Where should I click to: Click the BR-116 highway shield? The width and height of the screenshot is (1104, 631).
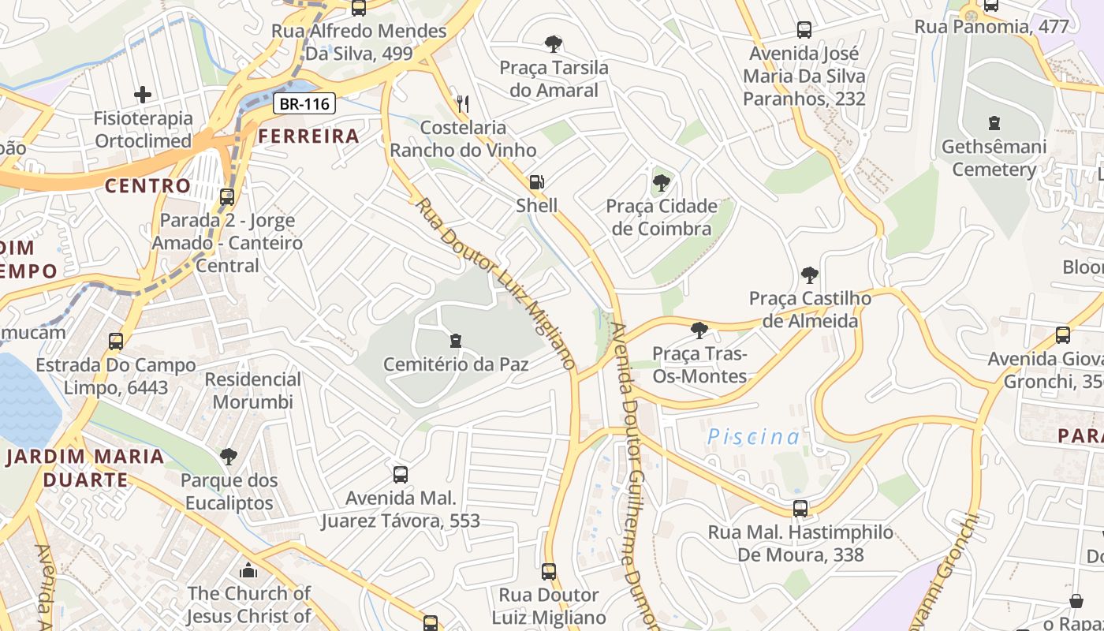(x=305, y=103)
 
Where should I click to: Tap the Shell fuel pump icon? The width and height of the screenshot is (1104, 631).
(x=536, y=182)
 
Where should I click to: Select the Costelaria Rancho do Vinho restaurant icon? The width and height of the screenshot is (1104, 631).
(x=463, y=103)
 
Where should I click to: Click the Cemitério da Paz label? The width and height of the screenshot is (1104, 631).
(x=456, y=364)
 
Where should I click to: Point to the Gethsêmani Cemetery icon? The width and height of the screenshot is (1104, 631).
(x=994, y=123)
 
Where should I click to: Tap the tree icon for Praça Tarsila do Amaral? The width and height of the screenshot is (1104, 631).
(x=554, y=44)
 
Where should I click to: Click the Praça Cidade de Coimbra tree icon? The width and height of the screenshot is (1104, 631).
(x=661, y=183)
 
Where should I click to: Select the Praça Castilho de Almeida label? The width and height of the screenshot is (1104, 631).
(x=810, y=310)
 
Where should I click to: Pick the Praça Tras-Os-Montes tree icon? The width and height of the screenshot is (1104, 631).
(x=699, y=330)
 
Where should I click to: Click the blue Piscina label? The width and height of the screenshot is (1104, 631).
(x=753, y=437)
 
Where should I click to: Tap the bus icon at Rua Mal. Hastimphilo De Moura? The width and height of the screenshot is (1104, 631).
(x=800, y=509)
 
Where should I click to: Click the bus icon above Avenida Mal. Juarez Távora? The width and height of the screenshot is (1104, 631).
(x=401, y=475)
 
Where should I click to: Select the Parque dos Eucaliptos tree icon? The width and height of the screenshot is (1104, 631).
(x=229, y=456)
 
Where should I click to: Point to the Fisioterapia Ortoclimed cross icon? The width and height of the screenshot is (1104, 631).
(x=143, y=95)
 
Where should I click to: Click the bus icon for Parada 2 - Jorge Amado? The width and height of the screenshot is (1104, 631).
(x=227, y=197)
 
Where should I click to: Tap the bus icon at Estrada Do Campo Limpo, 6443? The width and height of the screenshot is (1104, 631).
(x=116, y=342)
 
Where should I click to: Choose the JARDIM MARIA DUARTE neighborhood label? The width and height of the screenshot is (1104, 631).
(x=85, y=468)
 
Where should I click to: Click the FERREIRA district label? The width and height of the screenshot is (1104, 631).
(x=309, y=136)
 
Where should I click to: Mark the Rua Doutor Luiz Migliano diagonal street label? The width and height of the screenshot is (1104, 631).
(x=495, y=284)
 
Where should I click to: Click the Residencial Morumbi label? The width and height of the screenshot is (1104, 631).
(x=253, y=390)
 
